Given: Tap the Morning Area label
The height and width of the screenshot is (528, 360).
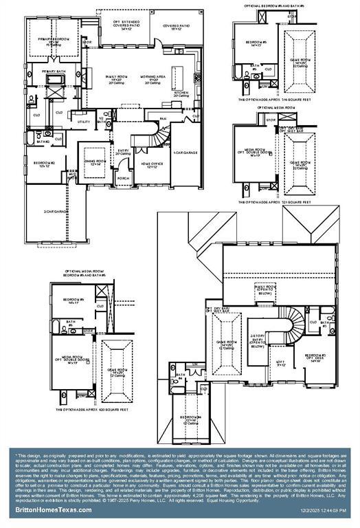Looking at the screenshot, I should click(x=152, y=80).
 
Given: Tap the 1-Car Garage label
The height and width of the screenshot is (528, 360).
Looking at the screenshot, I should click(x=185, y=152).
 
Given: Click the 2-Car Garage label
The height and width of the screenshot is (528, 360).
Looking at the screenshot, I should click(x=56, y=212).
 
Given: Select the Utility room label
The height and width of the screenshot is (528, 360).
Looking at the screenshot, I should click(x=84, y=122).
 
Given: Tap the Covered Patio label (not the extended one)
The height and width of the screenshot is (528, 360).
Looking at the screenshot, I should click(x=172, y=27).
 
